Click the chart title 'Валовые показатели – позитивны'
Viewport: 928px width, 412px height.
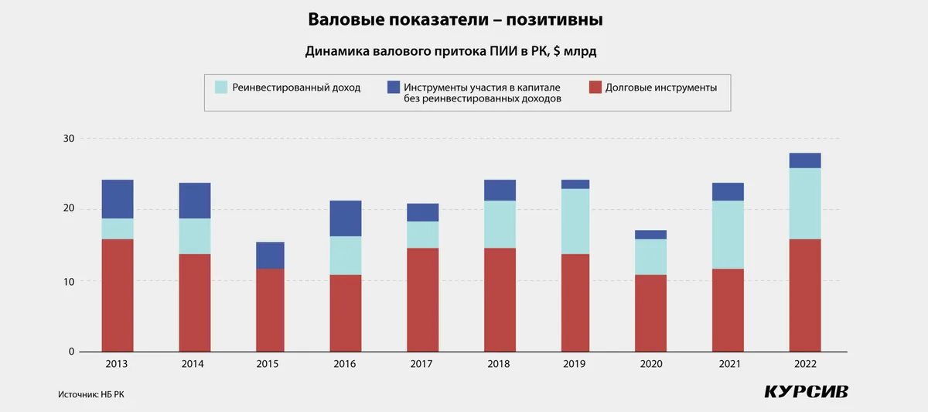pyautogui.click(x=455, y=19)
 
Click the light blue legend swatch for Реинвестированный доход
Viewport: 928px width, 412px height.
pyautogui.click(x=221, y=88)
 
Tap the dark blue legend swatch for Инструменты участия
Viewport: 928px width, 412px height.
pyautogui.click(x=393, y=88)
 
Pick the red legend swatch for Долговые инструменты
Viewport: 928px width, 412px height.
pyautogui.click(x=595, y=88)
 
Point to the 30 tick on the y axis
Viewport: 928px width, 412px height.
pyautogui.click(x=69, y=139)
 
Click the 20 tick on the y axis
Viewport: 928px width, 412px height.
pyautogui.click(x=69, y=209)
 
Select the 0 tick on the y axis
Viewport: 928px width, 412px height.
pyautogui.click(x=71, y=352)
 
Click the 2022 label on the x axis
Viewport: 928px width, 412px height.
pyautogui.click(x=804, y=364)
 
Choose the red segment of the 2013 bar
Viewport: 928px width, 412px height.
pyautogui.click(x=118, y=295)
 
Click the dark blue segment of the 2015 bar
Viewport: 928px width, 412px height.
pyautogui.click(x=271, y=256)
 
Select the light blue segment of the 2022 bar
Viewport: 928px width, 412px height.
pyautogui.click(x=805, y=204)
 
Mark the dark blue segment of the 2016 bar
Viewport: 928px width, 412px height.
pyautogui.click(x=346, y=218)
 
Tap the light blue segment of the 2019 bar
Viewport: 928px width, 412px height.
pyautogui.click(x=575, y=221)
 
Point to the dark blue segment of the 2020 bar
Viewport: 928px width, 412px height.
pyautogui.click(x=651, y=235)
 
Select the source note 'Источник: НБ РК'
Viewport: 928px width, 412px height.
pyautogui.click(x=90, y=394)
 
